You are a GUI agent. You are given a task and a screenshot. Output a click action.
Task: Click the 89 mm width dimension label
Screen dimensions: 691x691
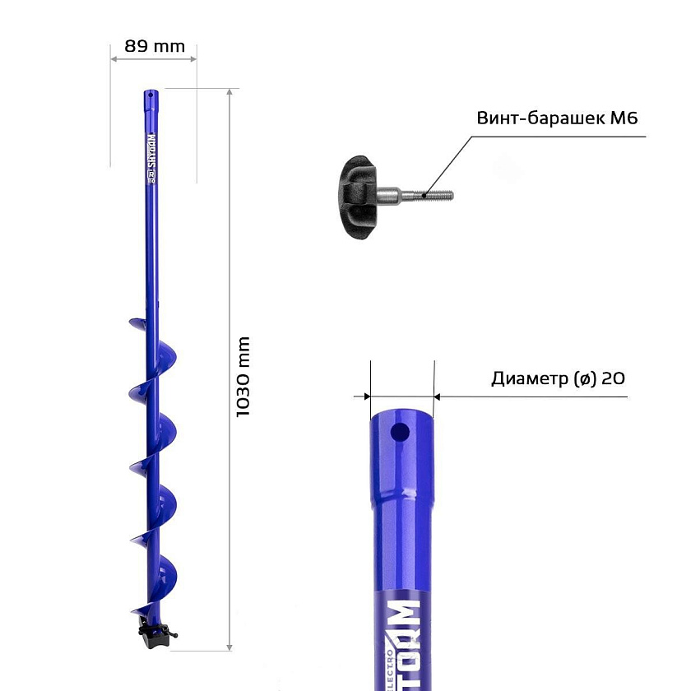(x=155, y=46)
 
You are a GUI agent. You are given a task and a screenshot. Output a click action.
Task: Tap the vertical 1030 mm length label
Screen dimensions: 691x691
(x=243, y=377)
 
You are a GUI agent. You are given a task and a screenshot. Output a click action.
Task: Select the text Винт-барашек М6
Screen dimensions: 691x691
(x=557, y=118)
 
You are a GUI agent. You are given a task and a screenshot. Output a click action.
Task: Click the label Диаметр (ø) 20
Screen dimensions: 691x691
(x=558, y=378)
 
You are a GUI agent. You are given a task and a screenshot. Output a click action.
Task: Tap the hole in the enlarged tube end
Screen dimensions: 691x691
(x=400, y=432)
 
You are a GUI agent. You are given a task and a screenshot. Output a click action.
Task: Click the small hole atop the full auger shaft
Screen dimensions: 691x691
(x=151, y=95)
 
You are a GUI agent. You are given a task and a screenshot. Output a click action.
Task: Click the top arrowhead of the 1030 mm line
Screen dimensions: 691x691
(x=230, y=91)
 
